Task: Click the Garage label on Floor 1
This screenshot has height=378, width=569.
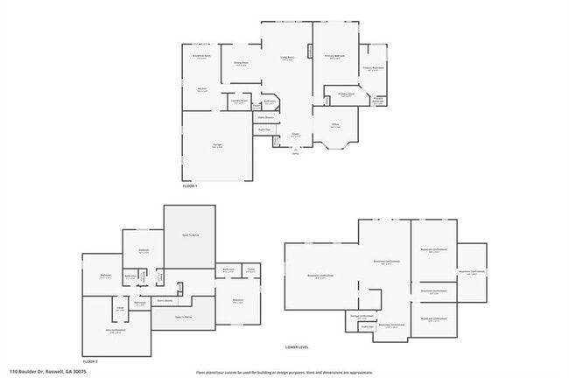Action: (x=216, y=147)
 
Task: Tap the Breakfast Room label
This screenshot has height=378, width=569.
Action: (x=201, y=57)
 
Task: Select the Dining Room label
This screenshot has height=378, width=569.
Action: (x=240, y=64)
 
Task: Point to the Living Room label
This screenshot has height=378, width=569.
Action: (x=286, y=58)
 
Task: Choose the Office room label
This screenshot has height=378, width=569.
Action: (x=335, y=126)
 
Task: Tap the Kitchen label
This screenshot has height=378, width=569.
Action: (x=201, y=89)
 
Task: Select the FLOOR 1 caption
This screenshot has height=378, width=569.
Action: (x=190, y=186)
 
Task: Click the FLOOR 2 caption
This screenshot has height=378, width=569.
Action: (x=90, y=361)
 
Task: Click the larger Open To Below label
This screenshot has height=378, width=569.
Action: (x=190, y=235)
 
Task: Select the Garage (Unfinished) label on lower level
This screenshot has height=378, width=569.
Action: (x=362, y=316)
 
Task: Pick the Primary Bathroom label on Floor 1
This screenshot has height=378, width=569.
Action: (x=374, y=68)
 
